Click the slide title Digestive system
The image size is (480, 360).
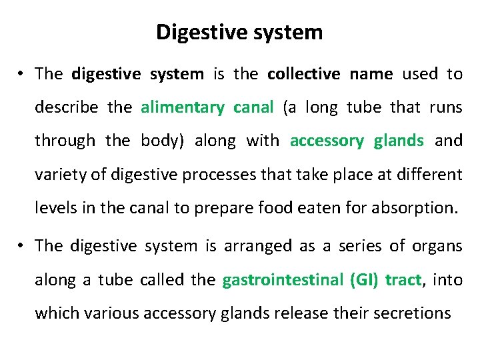coord(239,33)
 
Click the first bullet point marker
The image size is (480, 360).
coord(22,75)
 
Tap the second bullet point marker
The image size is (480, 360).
coord(22,247)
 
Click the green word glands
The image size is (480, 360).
coord(399,141)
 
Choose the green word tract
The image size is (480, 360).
coord(403,280)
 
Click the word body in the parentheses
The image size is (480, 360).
coord(158,141)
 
